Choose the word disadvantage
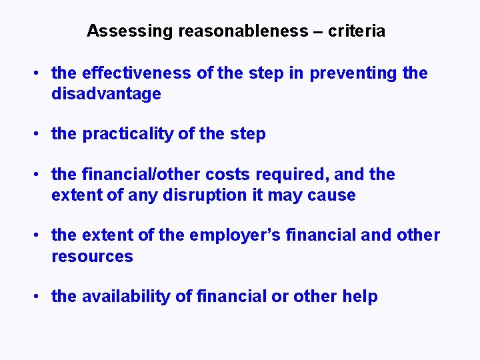tap(106, 94)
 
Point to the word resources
tap(92, 257)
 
